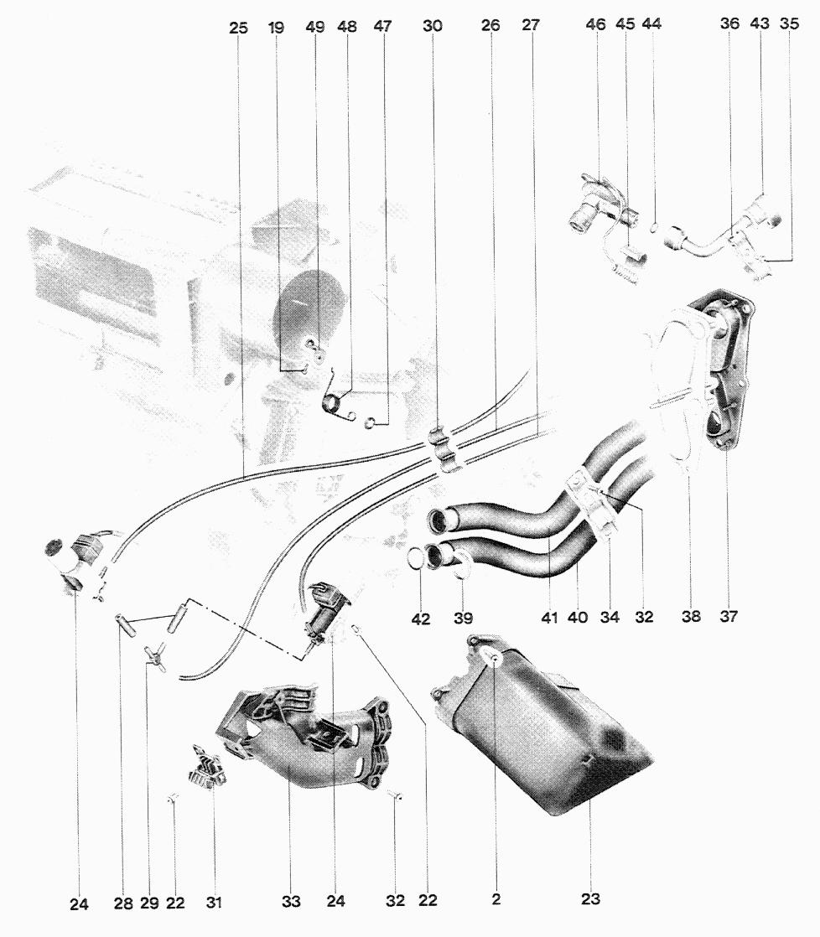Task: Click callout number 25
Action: (238, 28)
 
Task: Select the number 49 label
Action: (314, 28)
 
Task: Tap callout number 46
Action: (595, 25)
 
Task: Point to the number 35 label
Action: (789, 25)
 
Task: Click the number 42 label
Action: (421, 619)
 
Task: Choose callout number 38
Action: (690, 617)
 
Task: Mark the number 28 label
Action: (122, 903)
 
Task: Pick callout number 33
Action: (290, 902)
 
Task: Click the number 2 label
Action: (496, 900)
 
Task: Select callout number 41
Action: (548, 619)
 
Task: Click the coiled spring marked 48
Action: (335, 404)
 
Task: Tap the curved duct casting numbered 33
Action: (302, 738)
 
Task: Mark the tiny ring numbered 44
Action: (653, 225)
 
